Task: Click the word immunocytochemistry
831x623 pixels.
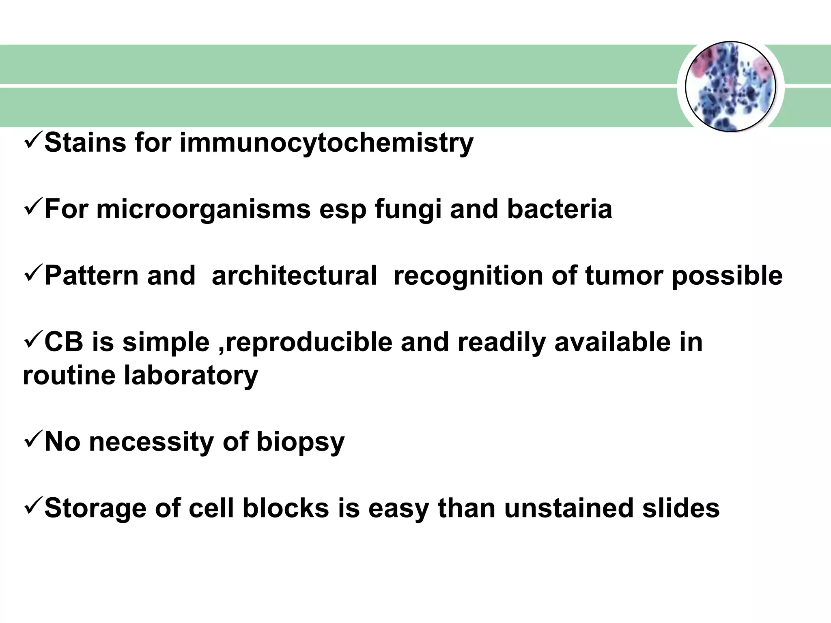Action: tap(326, 143)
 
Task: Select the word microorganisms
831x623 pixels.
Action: tap(203, 209)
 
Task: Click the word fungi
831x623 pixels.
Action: tap(408, 210)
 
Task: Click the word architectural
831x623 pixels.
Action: tap(294, 276)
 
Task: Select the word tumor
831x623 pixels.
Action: tap(624, 276)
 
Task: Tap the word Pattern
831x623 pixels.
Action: tap(91, 276)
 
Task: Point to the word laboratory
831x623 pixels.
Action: tap(191, 376)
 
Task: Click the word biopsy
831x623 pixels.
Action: tap(300, 442)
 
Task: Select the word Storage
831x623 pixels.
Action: tap(95, 509)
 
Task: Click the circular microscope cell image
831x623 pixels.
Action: tap(730, 87)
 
